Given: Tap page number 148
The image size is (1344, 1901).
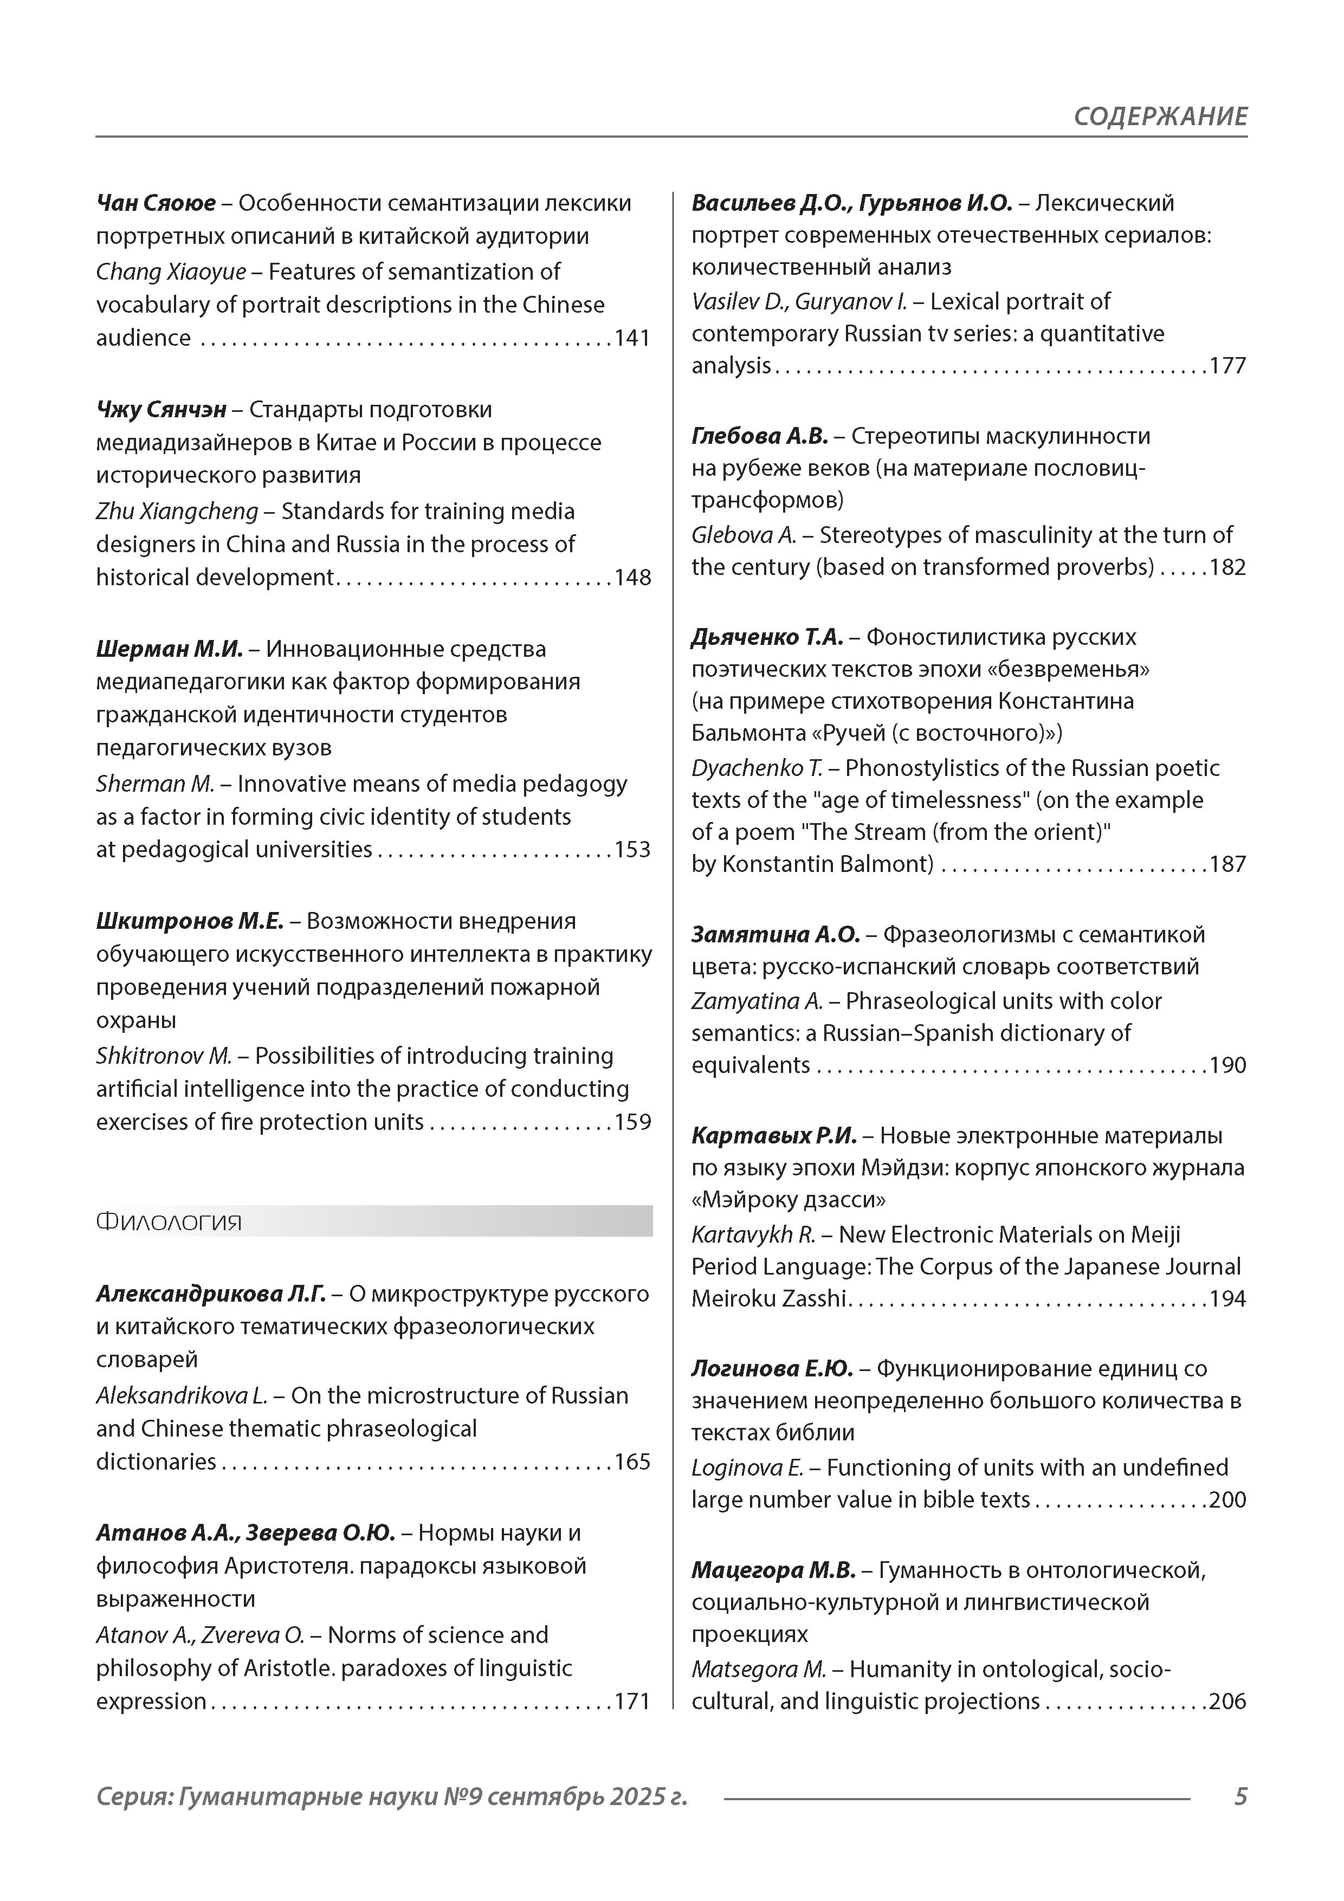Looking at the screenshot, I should [x=632, y=577].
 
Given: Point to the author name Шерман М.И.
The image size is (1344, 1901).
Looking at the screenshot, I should [x=169, y=649].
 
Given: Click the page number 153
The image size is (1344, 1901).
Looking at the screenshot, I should [x=632, y=850].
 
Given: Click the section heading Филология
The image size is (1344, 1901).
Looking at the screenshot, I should [x=169, y=1222].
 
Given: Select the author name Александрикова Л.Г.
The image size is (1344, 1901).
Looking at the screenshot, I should [x=210, y=1294].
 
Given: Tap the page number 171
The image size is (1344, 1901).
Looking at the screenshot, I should [x=632, y=1702].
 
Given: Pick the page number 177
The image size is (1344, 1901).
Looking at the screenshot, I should [x=1227, y=366].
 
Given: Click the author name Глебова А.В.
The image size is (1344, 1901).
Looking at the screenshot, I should [x=759, y=436].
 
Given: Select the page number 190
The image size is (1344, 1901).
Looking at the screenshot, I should [x=1227, y=1065].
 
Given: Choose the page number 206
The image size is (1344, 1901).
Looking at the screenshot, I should [x=1227, y=1702].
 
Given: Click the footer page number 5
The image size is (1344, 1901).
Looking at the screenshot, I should [x=1239, y=1796].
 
